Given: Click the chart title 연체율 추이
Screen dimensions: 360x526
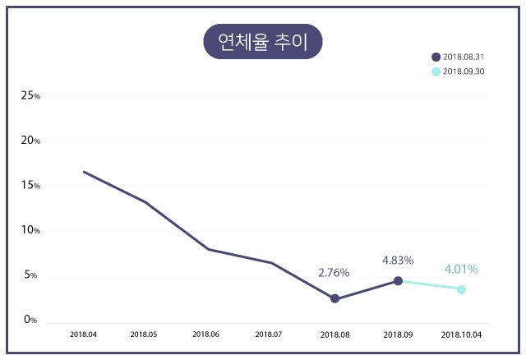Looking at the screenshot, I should coord(263,42).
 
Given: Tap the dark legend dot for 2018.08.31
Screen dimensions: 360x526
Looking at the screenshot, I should coord(436,57).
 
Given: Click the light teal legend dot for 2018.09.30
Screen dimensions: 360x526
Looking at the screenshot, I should coord(436,72).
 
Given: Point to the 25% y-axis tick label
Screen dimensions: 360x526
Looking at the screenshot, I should coord(31,95).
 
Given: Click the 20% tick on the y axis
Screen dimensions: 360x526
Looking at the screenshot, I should coord(31,141).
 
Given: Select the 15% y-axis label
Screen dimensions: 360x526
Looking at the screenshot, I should coord(31,185).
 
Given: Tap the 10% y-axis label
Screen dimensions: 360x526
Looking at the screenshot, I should coord(31,230).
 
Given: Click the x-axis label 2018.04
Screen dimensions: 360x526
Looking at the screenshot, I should coord(83,335).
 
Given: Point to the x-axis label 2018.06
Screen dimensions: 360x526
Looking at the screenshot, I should coord(205,335).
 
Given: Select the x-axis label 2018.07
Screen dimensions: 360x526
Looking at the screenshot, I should coord(269,335).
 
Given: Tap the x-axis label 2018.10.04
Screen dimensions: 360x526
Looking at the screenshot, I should coord(461,335).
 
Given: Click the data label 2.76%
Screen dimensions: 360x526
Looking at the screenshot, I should coord(335,272).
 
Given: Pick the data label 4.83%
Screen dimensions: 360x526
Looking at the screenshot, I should coord(398,261).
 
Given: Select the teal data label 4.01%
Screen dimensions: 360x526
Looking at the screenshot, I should coord(461,269).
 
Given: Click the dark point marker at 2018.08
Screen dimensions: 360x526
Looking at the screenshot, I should coord(335,298).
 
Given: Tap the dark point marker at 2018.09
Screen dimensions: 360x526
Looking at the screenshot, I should coord(398,281).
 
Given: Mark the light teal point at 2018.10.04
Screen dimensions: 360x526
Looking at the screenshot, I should coord(461,289).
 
